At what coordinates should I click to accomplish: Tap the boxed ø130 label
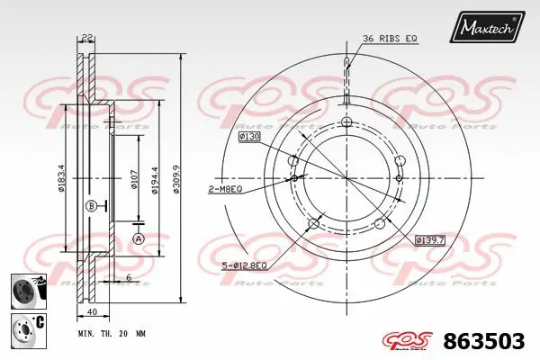(249, 136)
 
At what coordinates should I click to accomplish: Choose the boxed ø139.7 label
(431, 239)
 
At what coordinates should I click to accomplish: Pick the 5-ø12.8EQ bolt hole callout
(243, 265)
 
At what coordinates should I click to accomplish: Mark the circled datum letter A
(138, 238)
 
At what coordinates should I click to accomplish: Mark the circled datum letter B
(91, 207)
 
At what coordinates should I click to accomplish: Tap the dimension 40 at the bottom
(93, 313)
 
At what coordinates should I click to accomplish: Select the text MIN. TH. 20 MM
(112, 332)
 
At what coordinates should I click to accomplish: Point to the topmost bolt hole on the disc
(347, 123)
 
